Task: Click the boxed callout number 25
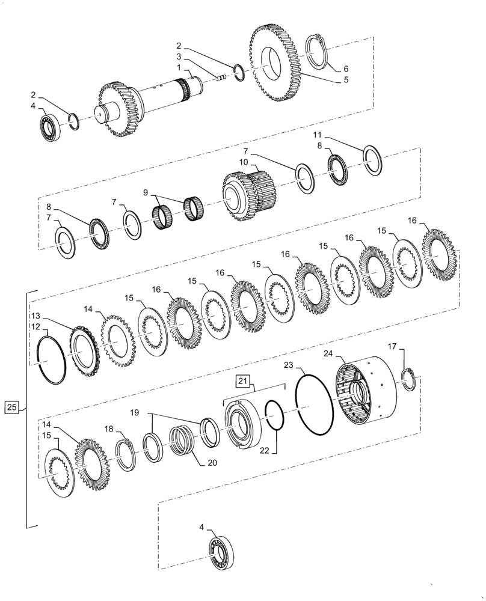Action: click(11, 408)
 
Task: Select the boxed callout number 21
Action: click(242, 381)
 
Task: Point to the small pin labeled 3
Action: click(222, 76)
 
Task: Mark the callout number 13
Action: click(35, 316)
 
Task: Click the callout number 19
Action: click(134, 413)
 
